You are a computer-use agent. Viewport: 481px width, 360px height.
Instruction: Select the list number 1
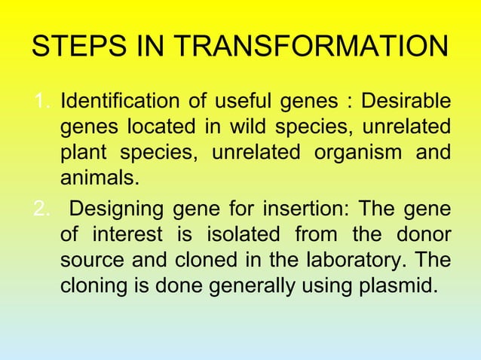(42, 101)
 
